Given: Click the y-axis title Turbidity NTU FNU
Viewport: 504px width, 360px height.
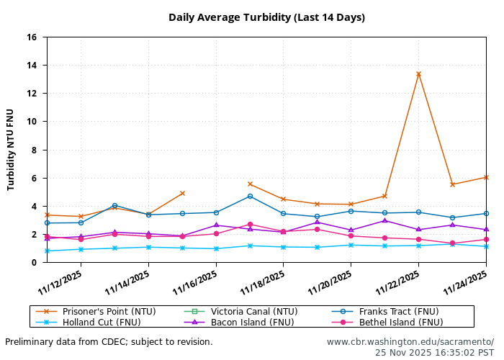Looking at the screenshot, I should click(x=11, y=150).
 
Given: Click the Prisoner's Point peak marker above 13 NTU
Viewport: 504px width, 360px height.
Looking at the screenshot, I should click(x=418, y=74).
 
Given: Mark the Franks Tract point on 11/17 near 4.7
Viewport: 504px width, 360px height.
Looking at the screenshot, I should click(x=250, y=196).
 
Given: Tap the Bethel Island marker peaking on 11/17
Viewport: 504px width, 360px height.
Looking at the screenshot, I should click(x=250, y=225).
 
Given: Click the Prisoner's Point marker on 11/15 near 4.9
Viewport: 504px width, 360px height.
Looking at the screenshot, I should click(x=182, y=193).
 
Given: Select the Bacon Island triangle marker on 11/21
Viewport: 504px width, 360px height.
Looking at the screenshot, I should click(x=384, y=220).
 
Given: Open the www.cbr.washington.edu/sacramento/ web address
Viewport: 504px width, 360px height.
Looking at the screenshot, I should click(x=410, y=342).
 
